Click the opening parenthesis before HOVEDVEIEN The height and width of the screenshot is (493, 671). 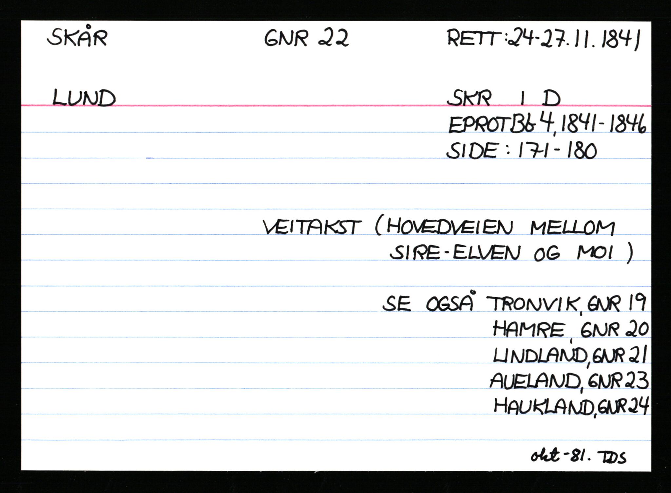point(379,227)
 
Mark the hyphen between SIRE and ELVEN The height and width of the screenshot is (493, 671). point(447,254)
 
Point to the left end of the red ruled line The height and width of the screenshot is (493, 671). point(22,105)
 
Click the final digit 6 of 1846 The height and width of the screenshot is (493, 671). point(641,125)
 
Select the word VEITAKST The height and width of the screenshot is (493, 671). point(312,227)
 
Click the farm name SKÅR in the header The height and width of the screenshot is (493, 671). point(77,37)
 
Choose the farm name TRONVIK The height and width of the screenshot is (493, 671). point(533,304)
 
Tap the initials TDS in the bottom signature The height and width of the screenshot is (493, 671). point(612,457)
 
